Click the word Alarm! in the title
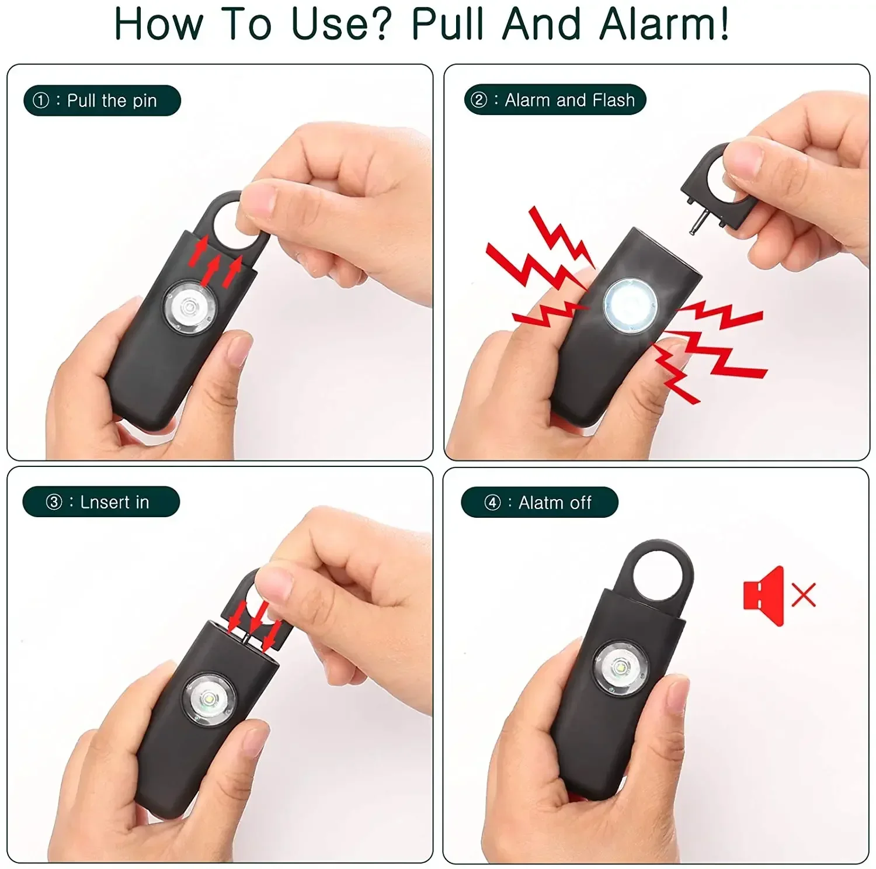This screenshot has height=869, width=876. pyautogui.click(x=665, y=25)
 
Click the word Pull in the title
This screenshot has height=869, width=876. pyautogui.click(x=449, y=25)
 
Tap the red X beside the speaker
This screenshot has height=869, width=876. pyautogui.click(x=804, y=595)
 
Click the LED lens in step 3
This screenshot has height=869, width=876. pyautogui.click(x=208, y=700)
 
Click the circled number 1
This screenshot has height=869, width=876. pyautogui.click(x=41, y=101)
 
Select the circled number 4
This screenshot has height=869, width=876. pyautogui.click(x=492, y=503)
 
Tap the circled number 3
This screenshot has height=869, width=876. pyautogui.click(x=54, y=502)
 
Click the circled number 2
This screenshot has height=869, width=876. pyautogui.click(x=479, y=100)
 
